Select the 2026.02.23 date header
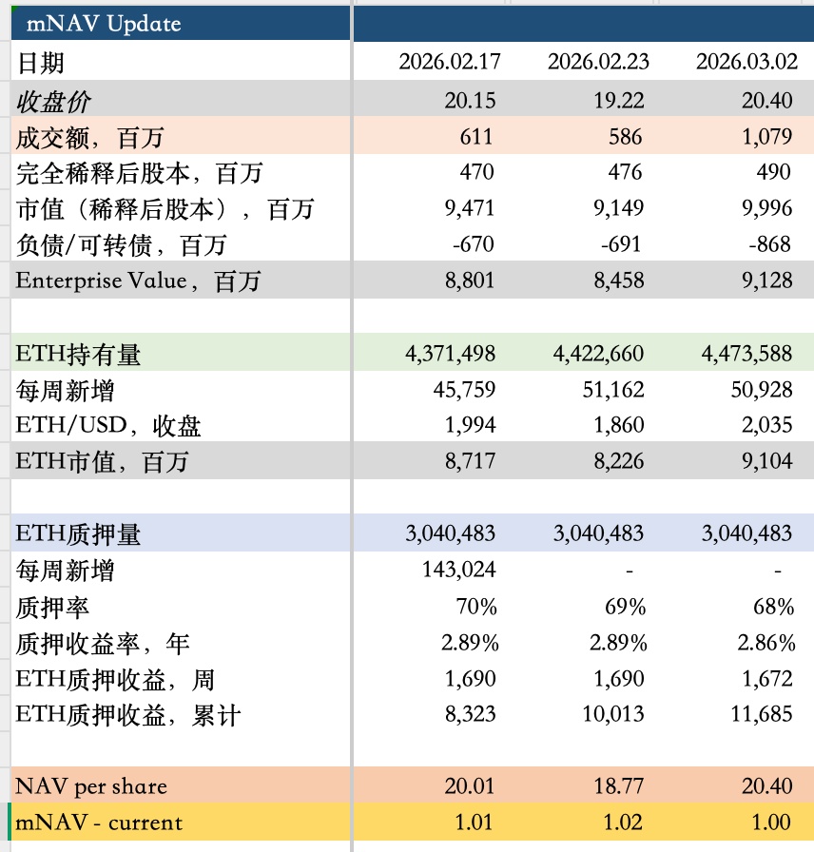tap(598, 63)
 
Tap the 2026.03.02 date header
tap(746, 63)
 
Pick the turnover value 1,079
tap(766, 136)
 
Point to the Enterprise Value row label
tap(138, 281)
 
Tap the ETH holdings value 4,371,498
tap(450, 354)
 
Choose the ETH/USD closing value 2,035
tap(769, 425)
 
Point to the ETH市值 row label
tap(102, 462)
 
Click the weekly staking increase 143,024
tap(458, 570)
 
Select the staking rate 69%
tap(625, 607)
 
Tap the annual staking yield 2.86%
tap(766, 643)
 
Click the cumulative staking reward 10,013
tap(613, 714)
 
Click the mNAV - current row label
tap(99, 823)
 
